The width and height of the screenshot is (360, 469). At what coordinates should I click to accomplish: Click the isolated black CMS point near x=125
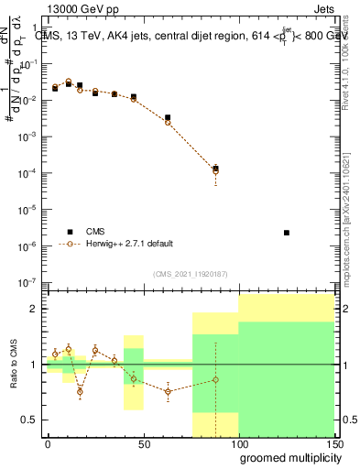coord(287,233)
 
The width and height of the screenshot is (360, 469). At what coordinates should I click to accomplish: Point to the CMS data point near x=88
coord(215,169)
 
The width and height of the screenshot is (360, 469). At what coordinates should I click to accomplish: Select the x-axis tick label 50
coord(143,442)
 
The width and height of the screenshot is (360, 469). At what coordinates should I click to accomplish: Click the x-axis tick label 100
coord(238,442)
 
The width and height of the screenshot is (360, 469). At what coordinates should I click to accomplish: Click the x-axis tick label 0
coord(48,442)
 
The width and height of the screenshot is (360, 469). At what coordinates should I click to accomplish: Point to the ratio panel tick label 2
coord(34,309)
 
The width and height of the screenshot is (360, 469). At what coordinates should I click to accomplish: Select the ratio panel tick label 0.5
coord(29,420)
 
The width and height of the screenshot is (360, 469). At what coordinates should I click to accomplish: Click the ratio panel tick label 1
coord(34,365)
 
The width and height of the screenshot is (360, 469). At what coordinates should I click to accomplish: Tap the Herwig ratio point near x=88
coord(215,379)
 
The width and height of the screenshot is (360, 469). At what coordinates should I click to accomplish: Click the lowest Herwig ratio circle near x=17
coord(81,392)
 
